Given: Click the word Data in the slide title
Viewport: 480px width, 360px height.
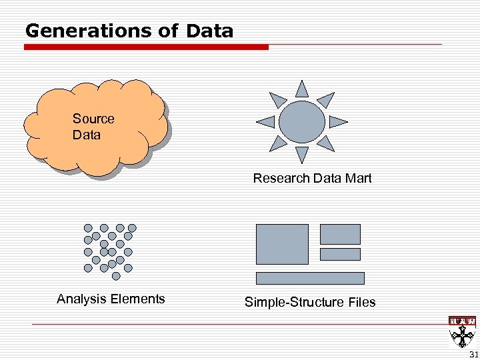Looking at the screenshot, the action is pos(210,31).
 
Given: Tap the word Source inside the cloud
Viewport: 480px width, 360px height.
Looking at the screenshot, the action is pos(93,119).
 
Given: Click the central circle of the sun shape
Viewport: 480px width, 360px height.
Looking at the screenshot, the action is pos(302,121).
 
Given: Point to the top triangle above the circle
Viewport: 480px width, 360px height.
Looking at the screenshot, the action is pos(302,89).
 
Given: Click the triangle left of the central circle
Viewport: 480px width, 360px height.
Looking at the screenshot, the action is pos(267,121).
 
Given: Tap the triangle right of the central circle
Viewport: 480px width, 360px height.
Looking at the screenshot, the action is pos(337,121).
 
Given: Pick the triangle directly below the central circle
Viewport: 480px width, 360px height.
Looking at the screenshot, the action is pos(302,155).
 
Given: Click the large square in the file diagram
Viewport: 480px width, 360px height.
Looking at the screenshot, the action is pos(282,244).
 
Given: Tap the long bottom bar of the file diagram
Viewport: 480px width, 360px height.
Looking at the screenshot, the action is pos(310,278).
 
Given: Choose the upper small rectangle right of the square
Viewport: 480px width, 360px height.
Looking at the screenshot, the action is pos(340,234).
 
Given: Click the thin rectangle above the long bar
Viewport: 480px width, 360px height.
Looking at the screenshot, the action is pos(340,254).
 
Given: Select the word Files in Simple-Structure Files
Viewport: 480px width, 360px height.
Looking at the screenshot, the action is pos(361,302).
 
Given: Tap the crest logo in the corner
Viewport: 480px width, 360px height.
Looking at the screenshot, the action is pos(462,330).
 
